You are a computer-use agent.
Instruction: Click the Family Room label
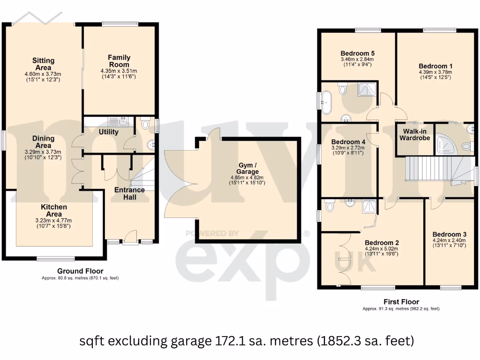(119, 61)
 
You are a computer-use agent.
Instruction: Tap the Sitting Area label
(43, 64)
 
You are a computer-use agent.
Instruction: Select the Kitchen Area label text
(53, 210)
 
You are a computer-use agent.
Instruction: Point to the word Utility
(108, 132)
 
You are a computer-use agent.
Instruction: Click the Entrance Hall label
(129, 194)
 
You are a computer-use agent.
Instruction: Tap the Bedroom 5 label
(357, 53)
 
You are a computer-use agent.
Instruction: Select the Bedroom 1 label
(435, 66)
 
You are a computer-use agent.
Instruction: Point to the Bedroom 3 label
(449, 234)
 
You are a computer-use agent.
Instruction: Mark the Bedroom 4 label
(348, 142)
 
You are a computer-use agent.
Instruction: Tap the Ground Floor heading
(80, 271)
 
